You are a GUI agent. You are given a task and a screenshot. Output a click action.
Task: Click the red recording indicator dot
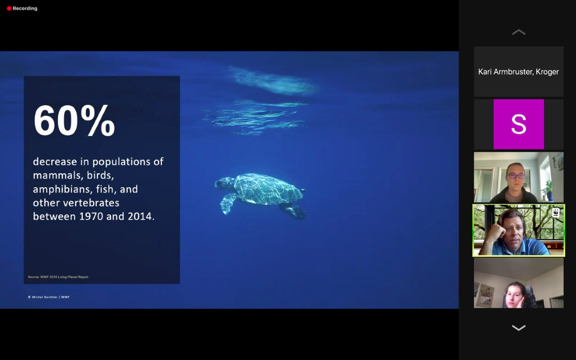tap(9, 9)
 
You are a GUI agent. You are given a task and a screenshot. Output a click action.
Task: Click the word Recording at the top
tap(25, 9)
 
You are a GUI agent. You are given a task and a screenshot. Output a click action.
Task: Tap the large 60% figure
tap(74, 120)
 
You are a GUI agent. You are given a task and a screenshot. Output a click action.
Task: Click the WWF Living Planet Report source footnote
tap(58, 277)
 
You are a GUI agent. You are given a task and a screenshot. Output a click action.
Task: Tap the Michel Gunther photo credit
tap(49, 297)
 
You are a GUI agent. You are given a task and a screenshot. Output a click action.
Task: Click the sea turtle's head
tap(221, 183)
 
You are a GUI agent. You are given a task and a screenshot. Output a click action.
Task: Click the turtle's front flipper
tap(228, 203)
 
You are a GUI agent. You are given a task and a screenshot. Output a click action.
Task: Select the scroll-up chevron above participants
tap(519, 32)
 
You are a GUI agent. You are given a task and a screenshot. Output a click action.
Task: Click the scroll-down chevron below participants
tap(519, 328)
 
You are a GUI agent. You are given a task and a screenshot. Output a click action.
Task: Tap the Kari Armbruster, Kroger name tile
tap(519, 72)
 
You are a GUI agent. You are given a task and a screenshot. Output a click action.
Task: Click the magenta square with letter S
tap(519, 124)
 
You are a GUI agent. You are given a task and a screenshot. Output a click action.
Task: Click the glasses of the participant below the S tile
tap(516, 176)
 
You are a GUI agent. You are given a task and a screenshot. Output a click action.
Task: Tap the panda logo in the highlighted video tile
tap(556, 213)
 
